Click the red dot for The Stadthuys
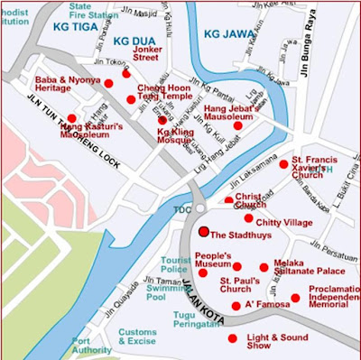pos(204,232)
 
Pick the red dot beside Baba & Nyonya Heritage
pos(108,83)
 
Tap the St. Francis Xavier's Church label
pos(319,170)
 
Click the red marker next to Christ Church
pos(229,201)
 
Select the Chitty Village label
pos(283,221)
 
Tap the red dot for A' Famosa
pos(236,306)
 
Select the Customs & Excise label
pos(137,337)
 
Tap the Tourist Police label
pos(174,264)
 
